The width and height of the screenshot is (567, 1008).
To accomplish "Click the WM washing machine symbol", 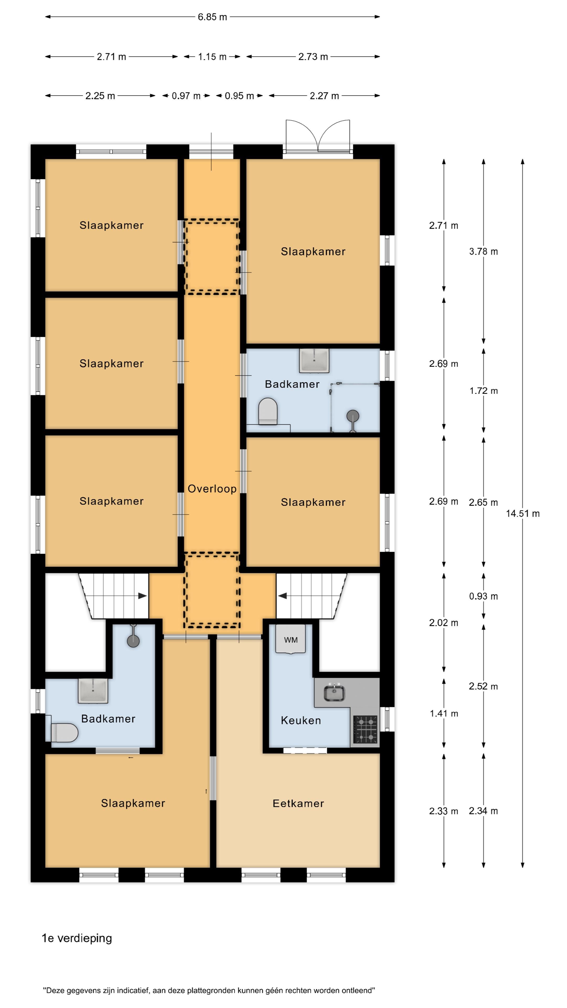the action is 290,639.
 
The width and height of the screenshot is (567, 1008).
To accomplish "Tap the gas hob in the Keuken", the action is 365,729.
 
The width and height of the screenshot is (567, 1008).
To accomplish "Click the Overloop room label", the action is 212,489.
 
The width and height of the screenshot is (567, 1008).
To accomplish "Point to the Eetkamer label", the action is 298,803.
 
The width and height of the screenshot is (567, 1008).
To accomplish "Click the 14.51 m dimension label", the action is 522,513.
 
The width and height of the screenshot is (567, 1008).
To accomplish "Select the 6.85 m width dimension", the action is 212,17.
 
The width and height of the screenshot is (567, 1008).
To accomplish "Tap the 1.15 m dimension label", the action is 212,57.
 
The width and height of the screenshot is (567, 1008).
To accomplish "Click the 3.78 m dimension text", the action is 483,252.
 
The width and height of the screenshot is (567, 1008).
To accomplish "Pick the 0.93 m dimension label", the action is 483,596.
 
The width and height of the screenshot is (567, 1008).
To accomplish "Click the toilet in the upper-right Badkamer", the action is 268,411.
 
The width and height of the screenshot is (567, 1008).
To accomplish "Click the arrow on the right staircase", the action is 282,596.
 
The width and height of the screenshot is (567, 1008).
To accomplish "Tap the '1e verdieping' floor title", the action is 77,938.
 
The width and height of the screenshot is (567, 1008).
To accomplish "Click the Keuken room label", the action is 301,720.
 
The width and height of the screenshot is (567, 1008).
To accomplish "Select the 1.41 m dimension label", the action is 444,713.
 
